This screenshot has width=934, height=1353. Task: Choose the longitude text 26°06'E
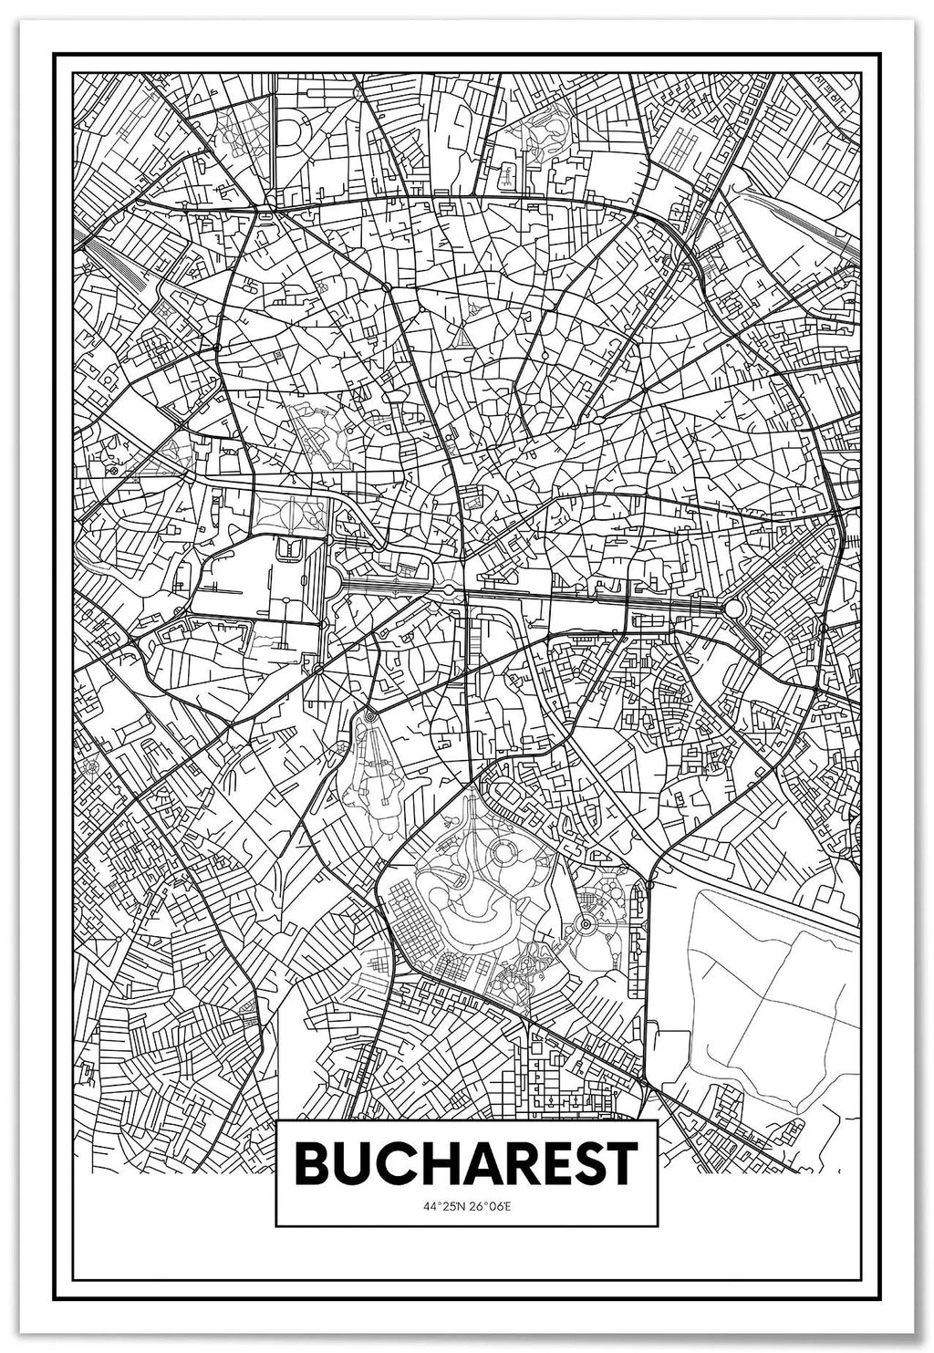[x=490, y=1206]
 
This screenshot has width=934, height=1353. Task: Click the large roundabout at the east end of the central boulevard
[x=732, y=608]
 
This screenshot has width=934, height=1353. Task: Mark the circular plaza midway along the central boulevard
[x=449, y=591]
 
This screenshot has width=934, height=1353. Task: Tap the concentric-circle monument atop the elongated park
[x=370, y=718]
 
